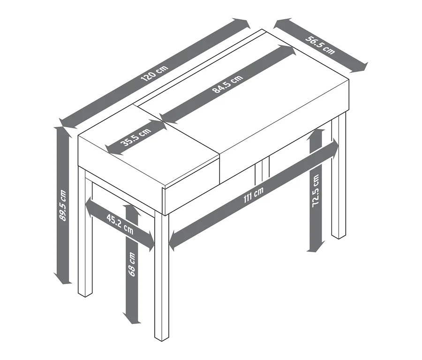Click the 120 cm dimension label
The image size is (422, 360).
154,73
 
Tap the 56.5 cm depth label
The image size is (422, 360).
320,45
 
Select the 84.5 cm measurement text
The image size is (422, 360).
228,84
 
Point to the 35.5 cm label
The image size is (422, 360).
136,137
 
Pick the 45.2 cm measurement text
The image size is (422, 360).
120,224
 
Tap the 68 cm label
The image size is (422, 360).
132,264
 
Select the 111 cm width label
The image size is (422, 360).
254,195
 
